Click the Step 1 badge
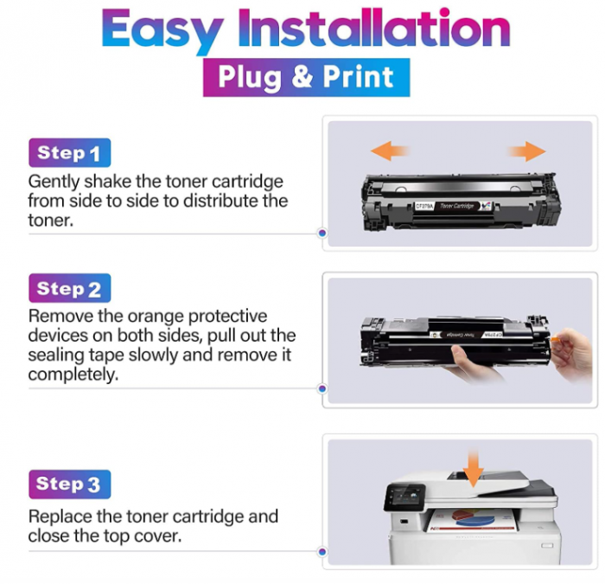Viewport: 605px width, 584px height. (x=69, y=153)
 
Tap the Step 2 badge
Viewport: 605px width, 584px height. (x=69, y=288)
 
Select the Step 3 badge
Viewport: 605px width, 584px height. (x=69, y=484)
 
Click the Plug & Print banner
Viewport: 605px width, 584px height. (x=305, y=76)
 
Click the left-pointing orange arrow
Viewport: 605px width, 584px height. (x=390, y=151)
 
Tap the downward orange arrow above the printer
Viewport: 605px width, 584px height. (x=473, y=468)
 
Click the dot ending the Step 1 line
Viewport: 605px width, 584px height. (x=322, y=233)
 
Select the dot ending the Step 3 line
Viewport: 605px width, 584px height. (x=322, y=551)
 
